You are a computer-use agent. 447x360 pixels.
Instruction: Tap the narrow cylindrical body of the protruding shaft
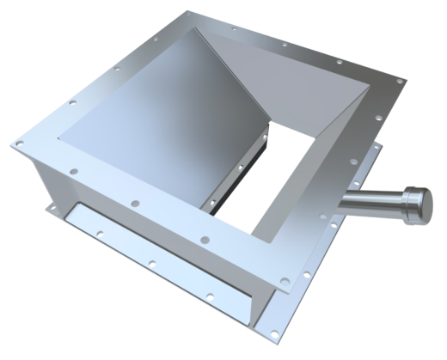pos(365,202)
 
